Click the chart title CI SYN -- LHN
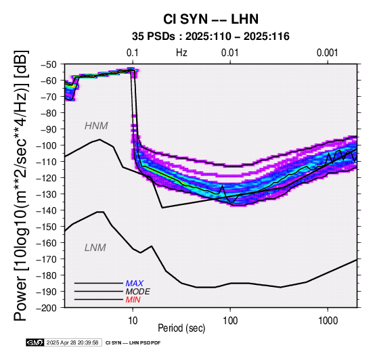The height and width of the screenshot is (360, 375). [211, 19]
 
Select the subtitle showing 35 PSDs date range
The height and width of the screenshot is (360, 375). [211, 37]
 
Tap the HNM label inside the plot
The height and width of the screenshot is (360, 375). [96, 126]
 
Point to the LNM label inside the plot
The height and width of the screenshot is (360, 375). [95, 248]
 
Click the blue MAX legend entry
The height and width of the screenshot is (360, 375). [135, 284]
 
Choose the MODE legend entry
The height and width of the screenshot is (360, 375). [138, 292]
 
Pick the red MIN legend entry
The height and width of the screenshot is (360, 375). [133, 300]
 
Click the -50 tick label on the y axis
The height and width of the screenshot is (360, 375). [49, 64]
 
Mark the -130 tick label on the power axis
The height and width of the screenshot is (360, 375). [47, 194]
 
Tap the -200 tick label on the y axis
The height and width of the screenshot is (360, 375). [47, 308]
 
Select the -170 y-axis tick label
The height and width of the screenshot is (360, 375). [47, 259]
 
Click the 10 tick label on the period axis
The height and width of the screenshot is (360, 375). [133, 321]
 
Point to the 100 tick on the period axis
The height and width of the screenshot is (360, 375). [230, 321]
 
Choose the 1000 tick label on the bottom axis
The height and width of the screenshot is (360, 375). [328, 321]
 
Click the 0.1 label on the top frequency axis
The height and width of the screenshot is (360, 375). [133, 53]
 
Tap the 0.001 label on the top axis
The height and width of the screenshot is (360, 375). [328, 53]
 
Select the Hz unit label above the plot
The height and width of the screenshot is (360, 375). [181, 53]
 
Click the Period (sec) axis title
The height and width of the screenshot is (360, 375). [181, 328]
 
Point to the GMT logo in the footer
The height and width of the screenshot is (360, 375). [35, 342]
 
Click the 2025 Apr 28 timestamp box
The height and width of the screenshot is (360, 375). [72, 342]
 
